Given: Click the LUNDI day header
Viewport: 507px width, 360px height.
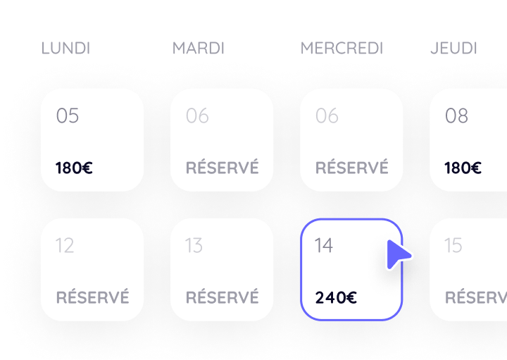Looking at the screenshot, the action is [65, 48].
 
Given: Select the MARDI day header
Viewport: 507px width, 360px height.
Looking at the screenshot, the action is [198, 48].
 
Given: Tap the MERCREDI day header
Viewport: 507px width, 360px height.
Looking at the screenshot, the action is [342, 48].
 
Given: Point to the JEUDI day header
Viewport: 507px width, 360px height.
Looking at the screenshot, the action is [453, 48].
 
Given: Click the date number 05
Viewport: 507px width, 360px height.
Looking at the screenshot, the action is [68, 116].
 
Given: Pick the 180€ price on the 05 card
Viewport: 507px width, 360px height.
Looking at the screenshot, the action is [74, 168].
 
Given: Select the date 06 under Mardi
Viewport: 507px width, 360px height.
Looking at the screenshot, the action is [197, 116].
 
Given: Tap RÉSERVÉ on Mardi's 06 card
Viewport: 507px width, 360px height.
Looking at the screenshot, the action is [222, 167].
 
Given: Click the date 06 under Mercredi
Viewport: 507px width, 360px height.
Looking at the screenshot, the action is [327, 116].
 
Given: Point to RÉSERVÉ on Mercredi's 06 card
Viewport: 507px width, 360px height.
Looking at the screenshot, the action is [352, 167].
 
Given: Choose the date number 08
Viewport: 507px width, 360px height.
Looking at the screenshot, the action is [456, 116].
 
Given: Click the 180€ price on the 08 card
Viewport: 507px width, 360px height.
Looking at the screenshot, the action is [463, 168].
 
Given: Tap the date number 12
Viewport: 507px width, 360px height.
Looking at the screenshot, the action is [65, 245].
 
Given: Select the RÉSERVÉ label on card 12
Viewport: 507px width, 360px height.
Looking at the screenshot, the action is [92, 297].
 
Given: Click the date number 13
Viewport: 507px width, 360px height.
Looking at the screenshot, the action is [194, 245].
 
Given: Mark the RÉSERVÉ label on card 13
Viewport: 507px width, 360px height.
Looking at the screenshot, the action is [222, 297].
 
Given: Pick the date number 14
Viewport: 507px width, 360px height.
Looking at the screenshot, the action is [324, 245].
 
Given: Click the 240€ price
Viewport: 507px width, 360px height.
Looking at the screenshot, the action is [336, 297].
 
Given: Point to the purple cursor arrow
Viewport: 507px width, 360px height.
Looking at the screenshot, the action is [398, 254].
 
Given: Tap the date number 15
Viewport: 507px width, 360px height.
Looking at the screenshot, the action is [453, 245].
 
